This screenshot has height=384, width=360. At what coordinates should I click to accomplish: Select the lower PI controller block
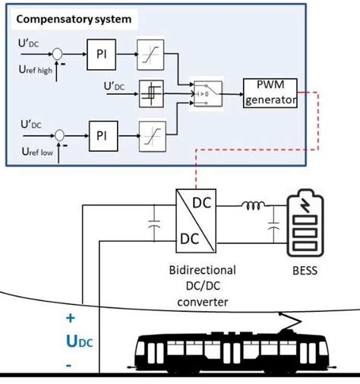tap(103, 137)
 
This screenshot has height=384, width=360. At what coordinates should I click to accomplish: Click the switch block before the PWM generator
tap(202, 93)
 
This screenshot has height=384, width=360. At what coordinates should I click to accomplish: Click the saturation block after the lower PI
tap(148, 137)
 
